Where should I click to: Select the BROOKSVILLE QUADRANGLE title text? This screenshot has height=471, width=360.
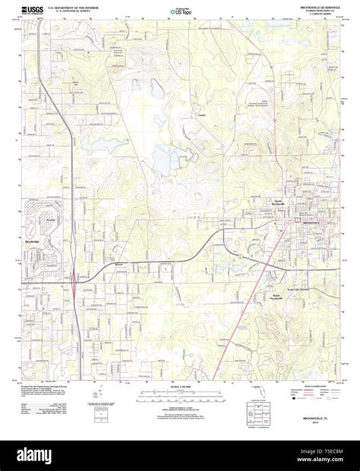tap(310, 8)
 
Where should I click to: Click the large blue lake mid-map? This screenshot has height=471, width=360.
tap(165, 160)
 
